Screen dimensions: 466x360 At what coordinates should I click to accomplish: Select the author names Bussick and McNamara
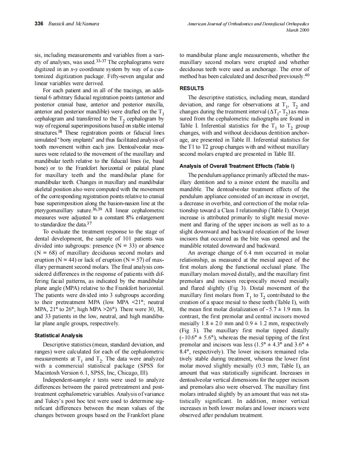73,24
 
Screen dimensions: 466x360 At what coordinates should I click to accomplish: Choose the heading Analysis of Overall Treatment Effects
237,166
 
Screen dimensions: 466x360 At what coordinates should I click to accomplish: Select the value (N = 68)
46,253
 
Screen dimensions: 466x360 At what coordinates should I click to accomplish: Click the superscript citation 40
306,75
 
